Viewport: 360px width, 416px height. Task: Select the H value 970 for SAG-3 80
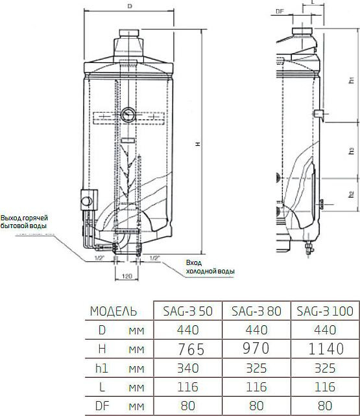point(256,349)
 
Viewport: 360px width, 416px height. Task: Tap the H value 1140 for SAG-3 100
point(321,349)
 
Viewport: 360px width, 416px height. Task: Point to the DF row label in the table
point(101,406)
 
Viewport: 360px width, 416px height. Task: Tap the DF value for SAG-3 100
point(321,406)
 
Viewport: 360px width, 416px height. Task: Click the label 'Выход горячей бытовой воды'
point(25,222)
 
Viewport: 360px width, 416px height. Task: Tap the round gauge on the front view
point(128,111)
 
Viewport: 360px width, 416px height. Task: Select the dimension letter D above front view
point(130,6)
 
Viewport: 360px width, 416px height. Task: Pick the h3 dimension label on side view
point(351,150)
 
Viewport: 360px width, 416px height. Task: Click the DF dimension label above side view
point(280,12)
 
